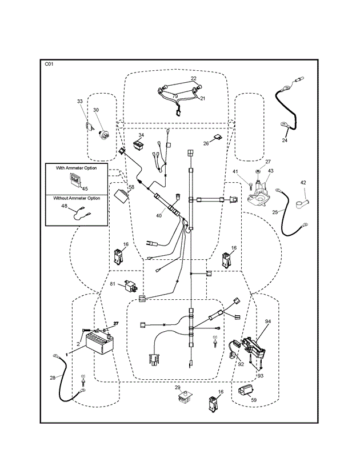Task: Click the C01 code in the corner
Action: click(49, 65)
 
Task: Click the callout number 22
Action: click(194, 79)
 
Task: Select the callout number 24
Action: click(285, 140)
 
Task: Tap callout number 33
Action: click(80, 102)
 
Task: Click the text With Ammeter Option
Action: click(76, 168)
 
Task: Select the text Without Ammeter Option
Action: click(77, 198)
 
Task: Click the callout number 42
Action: click(303, 183)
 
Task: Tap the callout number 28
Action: click(53, 377)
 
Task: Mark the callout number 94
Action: click(267, 322)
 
